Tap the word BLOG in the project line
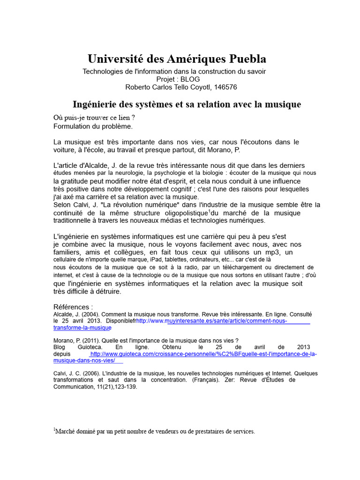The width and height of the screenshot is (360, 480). coord(190,79)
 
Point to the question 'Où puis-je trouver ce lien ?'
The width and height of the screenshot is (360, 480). coord(91,118)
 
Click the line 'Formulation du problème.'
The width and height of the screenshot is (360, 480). coord(93,126)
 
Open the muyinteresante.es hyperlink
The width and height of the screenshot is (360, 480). coord(223,321)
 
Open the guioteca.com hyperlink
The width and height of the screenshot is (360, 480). coord(203,354)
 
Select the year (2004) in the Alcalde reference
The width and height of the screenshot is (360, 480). coord(89,314)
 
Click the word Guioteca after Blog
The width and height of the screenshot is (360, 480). coord(86,347)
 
